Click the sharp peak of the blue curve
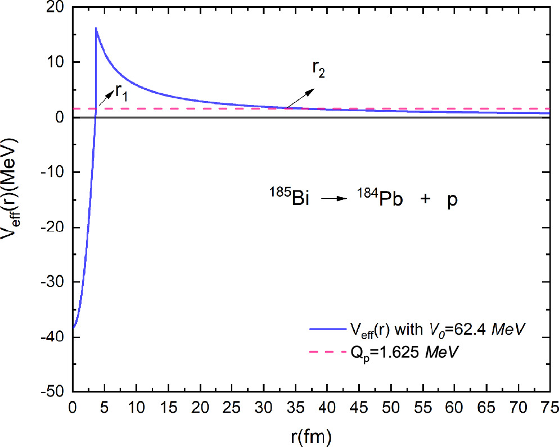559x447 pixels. tap(96, 28)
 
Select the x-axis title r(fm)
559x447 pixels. tap(311, 435)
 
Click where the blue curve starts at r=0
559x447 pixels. tap(73, 327)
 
